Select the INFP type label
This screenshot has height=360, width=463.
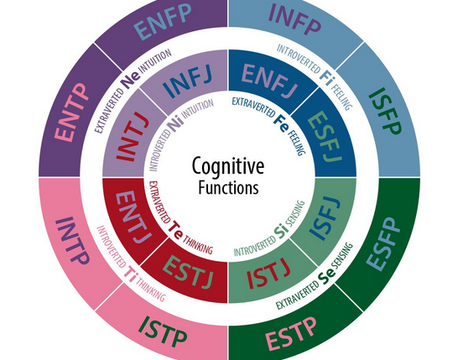click(294, 18)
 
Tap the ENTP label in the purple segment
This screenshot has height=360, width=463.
click(71, 112)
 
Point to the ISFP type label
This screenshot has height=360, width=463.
click(385, 111)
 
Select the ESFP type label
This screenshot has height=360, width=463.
click(383, 244)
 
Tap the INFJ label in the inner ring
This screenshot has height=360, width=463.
click(188, 82)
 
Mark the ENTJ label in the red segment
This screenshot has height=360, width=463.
click(133, 217)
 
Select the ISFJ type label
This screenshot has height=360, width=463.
click(325, 218)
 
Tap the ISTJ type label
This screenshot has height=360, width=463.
click(268, 274)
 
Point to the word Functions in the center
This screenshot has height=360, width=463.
click(228, 187)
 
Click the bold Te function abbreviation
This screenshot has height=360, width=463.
click(175, 231)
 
